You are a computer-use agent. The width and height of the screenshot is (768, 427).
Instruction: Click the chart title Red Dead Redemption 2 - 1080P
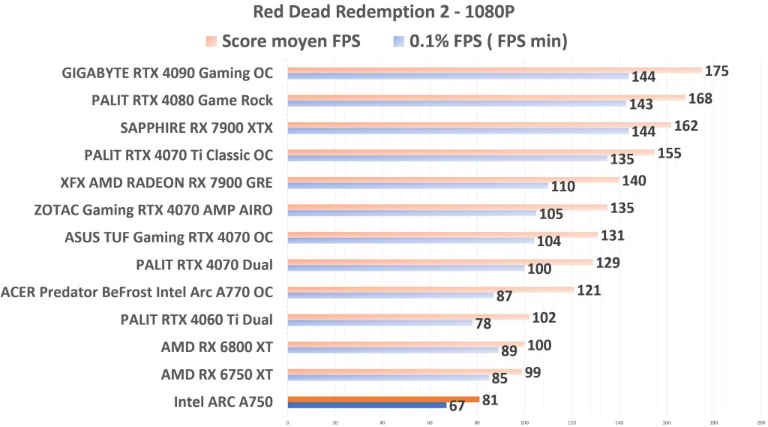pos(384,13)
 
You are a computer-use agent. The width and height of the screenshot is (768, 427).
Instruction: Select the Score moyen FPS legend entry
pos(282,41)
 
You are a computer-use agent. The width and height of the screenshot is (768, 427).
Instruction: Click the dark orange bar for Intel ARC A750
pos(383,398)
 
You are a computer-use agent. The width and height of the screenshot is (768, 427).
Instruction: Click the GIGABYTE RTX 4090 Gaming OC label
pos(166,74)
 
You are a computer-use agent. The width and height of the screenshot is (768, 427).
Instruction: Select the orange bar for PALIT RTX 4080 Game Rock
pos(486,98)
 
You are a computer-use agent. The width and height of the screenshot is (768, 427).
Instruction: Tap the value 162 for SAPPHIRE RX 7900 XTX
pos(686,125)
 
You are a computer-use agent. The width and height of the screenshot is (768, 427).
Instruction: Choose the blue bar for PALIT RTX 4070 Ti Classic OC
pos(447,158)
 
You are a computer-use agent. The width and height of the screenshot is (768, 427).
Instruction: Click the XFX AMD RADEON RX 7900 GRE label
pos(166,182)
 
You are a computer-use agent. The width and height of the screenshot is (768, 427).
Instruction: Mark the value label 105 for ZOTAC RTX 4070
pos(551,215)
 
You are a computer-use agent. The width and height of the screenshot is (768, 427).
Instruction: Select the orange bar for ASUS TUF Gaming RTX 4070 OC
pos(442,235)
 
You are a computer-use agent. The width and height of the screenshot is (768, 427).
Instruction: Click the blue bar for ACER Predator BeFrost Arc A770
pos(390,296)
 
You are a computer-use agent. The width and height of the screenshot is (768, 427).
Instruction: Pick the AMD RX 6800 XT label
pos(217,347)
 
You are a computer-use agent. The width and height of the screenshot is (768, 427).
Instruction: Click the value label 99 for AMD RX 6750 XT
pos(533,372)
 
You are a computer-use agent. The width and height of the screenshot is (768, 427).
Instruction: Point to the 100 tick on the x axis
pos(524,421)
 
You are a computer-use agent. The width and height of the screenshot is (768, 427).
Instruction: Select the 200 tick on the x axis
pos(760,421)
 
